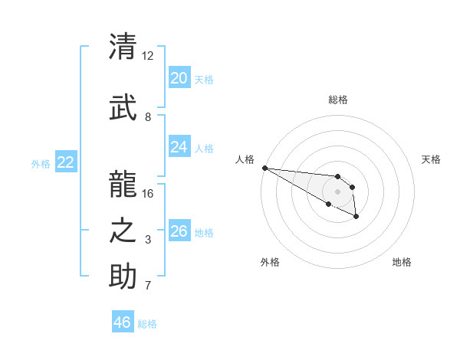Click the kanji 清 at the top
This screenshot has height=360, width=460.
coord(123,47)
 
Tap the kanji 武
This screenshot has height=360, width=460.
coord(123,108)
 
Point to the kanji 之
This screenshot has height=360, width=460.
coord(123,231)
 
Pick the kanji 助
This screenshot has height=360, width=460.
coord(123,277)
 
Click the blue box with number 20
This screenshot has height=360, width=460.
coord(179,78)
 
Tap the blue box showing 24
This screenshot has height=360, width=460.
coord(179,147)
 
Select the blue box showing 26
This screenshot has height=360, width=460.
coord(179,231)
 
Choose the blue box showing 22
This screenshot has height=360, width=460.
coord(65,162)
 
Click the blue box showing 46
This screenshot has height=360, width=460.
coord(123,322)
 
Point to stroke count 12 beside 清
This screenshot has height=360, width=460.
coord(147,56)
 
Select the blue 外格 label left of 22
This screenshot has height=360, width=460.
coord(40,163)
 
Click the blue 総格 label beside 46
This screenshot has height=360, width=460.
coord(147,324)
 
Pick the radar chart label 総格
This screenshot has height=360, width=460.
coord(337,100)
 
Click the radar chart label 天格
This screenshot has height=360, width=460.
coord(431,159)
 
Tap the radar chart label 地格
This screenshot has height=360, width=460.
coord(402,262)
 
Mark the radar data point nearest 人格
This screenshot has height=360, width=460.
coord(264,168)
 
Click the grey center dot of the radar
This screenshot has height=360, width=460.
coord(337,191)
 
